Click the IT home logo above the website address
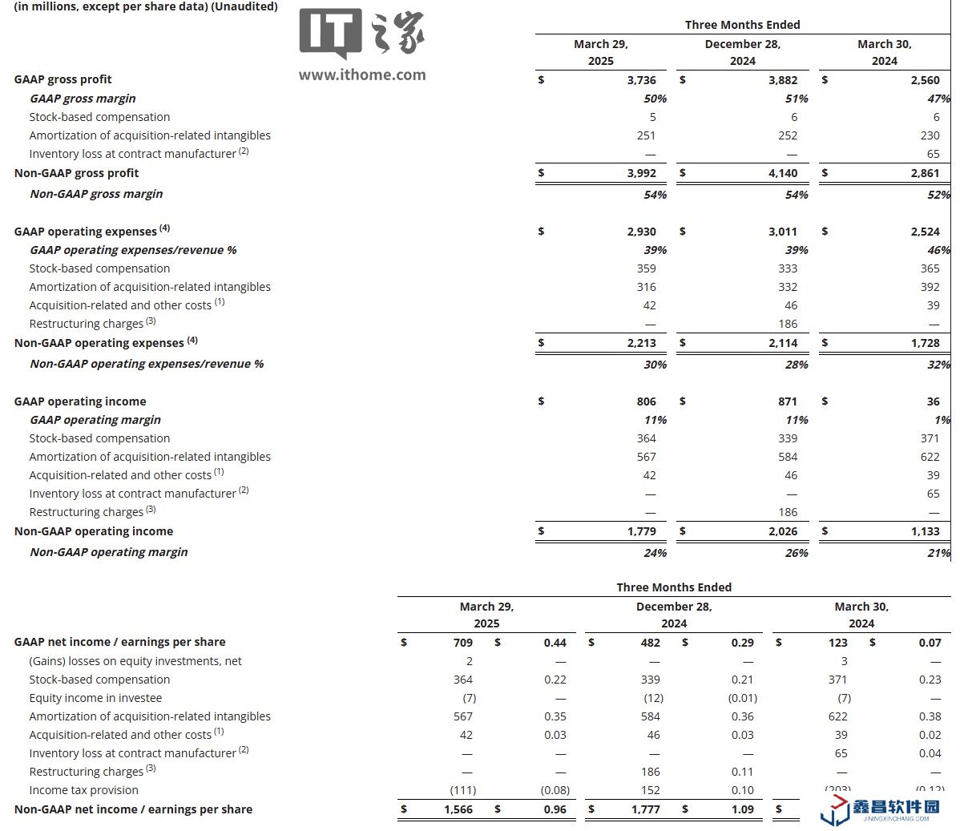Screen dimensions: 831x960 [x=361, y=34]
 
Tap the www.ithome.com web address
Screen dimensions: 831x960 [x=362, y=75]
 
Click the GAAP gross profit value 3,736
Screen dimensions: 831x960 [x=641, y=80]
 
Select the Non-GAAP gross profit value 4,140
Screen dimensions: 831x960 [x=783, y=173]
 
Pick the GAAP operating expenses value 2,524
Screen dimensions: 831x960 [x=925, y=232]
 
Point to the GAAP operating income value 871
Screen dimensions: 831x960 [x=788, y=401]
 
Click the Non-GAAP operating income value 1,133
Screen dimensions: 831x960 [x=925, y=531]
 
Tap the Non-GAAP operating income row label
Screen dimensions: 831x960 [x=94, y=531]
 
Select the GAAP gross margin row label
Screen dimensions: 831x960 [x=83, y=99]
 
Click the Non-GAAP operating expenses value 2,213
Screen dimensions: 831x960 [x=641, y=343]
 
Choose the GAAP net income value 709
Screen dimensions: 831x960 [x=462, y=643]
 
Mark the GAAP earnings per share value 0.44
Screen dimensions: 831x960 [x=555, y=643]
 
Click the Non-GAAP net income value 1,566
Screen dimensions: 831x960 [x=458, y=809]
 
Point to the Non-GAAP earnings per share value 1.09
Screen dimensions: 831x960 [x=742, y=809]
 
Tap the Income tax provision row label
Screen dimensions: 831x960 [x=83, y=790]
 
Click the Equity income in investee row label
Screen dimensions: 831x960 [x=95, y=698]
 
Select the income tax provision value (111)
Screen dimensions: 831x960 [x=463, y=790]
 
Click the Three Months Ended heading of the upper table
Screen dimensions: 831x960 [x=742, y=25]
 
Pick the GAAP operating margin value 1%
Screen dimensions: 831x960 [x=942, y=420]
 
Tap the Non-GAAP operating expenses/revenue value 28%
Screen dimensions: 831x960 [x=797, y=365]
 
